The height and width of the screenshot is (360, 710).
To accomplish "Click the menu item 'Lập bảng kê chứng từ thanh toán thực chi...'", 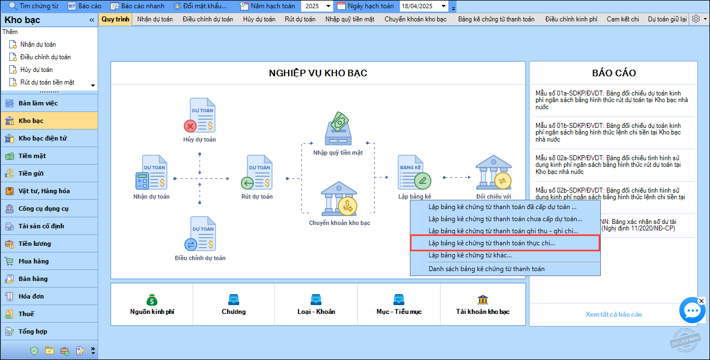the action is click(x=492, y=243).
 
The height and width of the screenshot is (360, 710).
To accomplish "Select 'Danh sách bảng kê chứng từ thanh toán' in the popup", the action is click(x=487, y=269).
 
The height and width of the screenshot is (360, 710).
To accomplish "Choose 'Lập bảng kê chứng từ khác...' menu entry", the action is click(x=470, y=255).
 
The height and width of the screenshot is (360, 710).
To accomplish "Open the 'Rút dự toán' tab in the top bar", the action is click(x=300, y=19).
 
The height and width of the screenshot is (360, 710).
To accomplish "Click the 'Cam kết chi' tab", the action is click(x=623, y=19).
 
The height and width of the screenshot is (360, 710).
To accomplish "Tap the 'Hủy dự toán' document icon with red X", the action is click(x=200, y=115).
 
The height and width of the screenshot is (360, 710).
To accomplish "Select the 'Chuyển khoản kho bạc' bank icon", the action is click(x=339, y=198).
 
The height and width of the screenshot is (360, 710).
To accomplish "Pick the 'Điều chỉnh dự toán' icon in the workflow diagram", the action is click(x=200, y=234).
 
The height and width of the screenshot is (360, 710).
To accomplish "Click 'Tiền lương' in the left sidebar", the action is click(x=35, y=244).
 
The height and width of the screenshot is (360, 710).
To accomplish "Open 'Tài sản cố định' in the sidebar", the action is click(x=41, y=226).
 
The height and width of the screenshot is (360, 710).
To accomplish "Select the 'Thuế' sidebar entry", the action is click(x=26, y=314).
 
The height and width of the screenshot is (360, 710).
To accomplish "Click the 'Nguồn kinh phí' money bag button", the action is click(x=152, y=305).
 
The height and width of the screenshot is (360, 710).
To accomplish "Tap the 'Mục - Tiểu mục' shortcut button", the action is click(x=399, y=305).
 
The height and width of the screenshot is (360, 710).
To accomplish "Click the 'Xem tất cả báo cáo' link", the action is click(x=613, y=314).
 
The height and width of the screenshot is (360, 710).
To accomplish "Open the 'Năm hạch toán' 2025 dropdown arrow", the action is click(x=328, y=6).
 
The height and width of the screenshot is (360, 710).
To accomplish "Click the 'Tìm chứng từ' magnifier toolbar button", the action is click(x=33, y=6).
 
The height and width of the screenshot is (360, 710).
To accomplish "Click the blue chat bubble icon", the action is click(x=692, y=310).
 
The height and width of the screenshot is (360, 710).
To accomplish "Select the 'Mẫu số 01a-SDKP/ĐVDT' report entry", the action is click(x=612, y=100).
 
